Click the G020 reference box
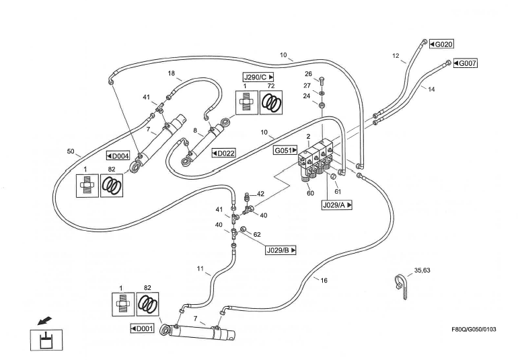442,44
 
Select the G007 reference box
465,63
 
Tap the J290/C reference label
259,77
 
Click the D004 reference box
118,156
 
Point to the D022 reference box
223,153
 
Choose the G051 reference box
285,151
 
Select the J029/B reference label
281,250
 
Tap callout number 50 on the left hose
71,151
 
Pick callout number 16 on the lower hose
324,280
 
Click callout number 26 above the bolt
308,74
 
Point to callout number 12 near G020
396,55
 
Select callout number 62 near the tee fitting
257,236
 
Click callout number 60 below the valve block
310,193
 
